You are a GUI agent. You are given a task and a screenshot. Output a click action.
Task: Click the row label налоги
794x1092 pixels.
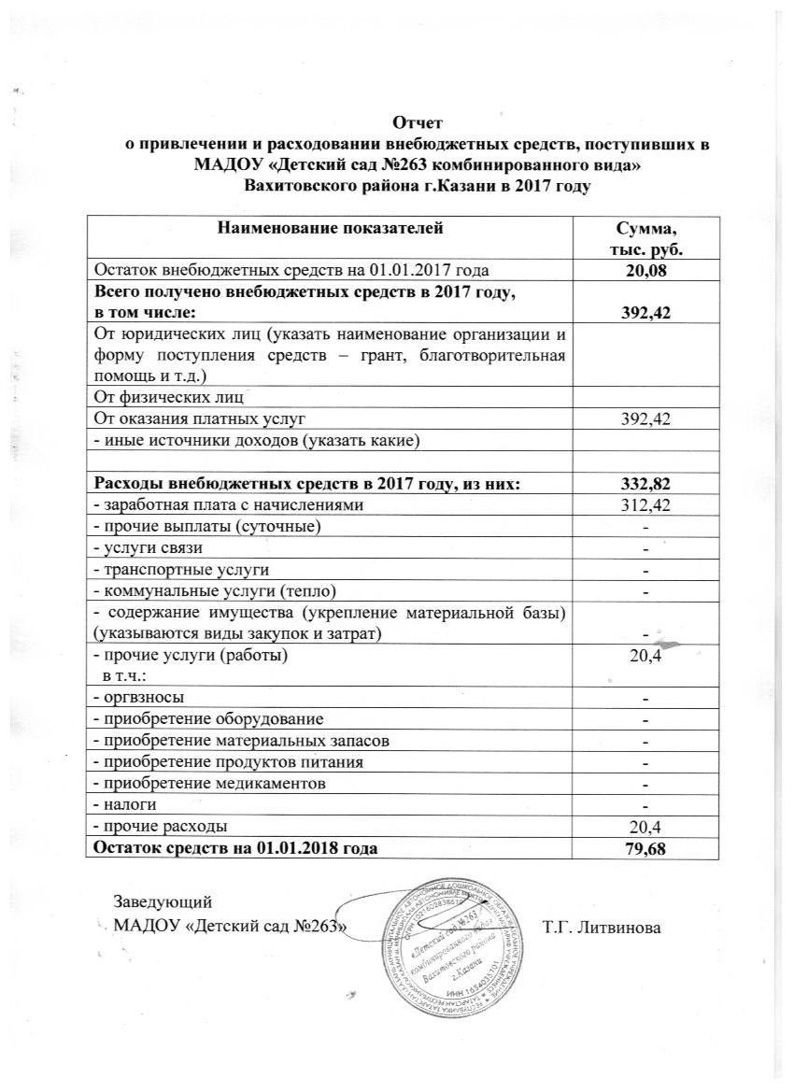pyautogui.click(x=126, y=805)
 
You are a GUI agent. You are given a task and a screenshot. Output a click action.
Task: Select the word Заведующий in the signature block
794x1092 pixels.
pyautogui.click(x=163, y=902)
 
